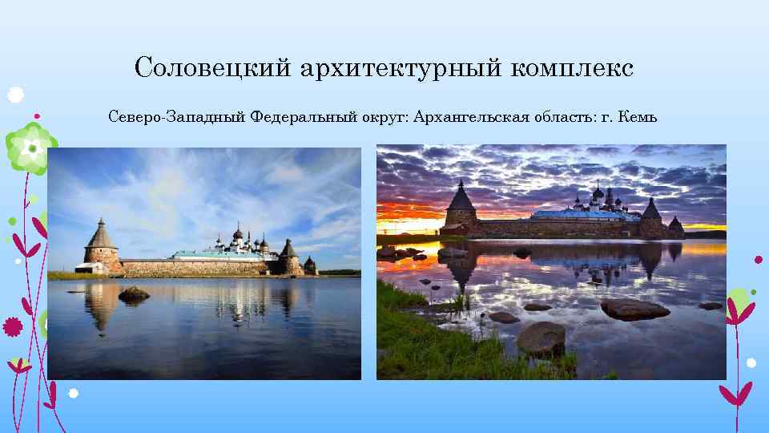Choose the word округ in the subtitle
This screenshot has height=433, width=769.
(x=384, y=118)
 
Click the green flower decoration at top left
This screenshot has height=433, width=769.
(x=30, y=148)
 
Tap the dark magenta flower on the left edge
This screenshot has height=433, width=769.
(x=12, y=326)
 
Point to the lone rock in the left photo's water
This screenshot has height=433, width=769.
(x=133, y=294)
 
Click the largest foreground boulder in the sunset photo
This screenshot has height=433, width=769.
(x=541, y=338)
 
